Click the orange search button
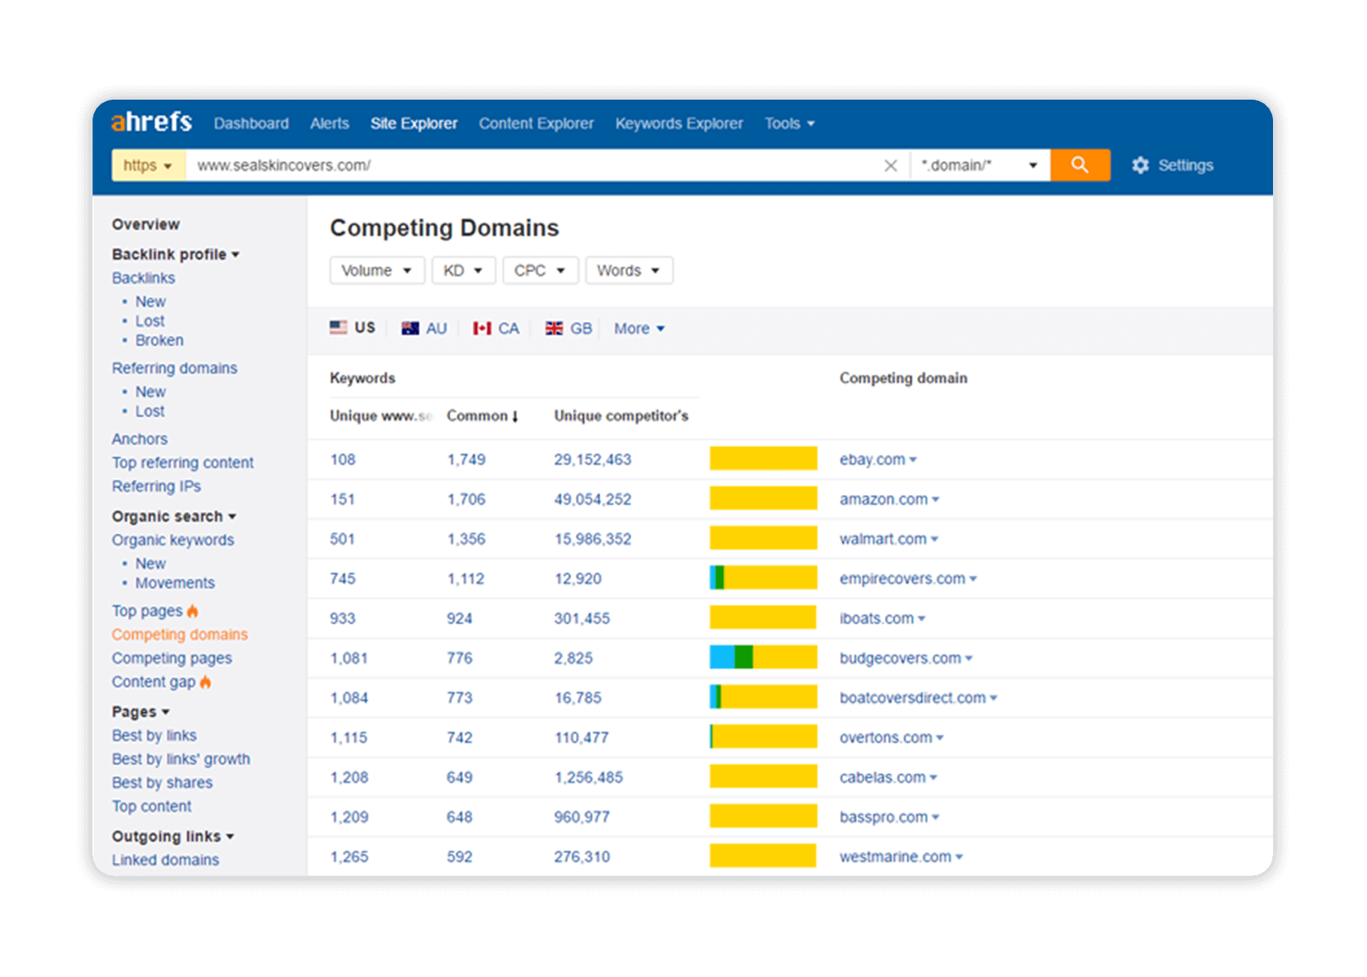[x=1079, y=165]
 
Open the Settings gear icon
[x=1141, y=165]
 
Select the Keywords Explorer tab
[x=679, y=124]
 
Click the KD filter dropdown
[x=463, y=271]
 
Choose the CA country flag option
[x=497, y=328]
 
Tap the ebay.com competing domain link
[x=872, y=459]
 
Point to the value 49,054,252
[x=592, y=499]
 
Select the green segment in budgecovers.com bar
[x=743, y=657]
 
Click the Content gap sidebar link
[x=154, y=682]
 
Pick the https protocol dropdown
[x=148, y=165]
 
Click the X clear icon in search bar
[x=890, y=166]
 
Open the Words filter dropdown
[x=628, y=271]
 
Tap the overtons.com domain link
[x=886, y=738]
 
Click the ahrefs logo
[x=152, y=122]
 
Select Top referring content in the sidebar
[x=182, y=463]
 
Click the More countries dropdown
[x=639, y=328]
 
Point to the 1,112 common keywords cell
[x=466, y=579]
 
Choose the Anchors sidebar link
[x=140, y=439]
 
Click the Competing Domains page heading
[x=444, y=228]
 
